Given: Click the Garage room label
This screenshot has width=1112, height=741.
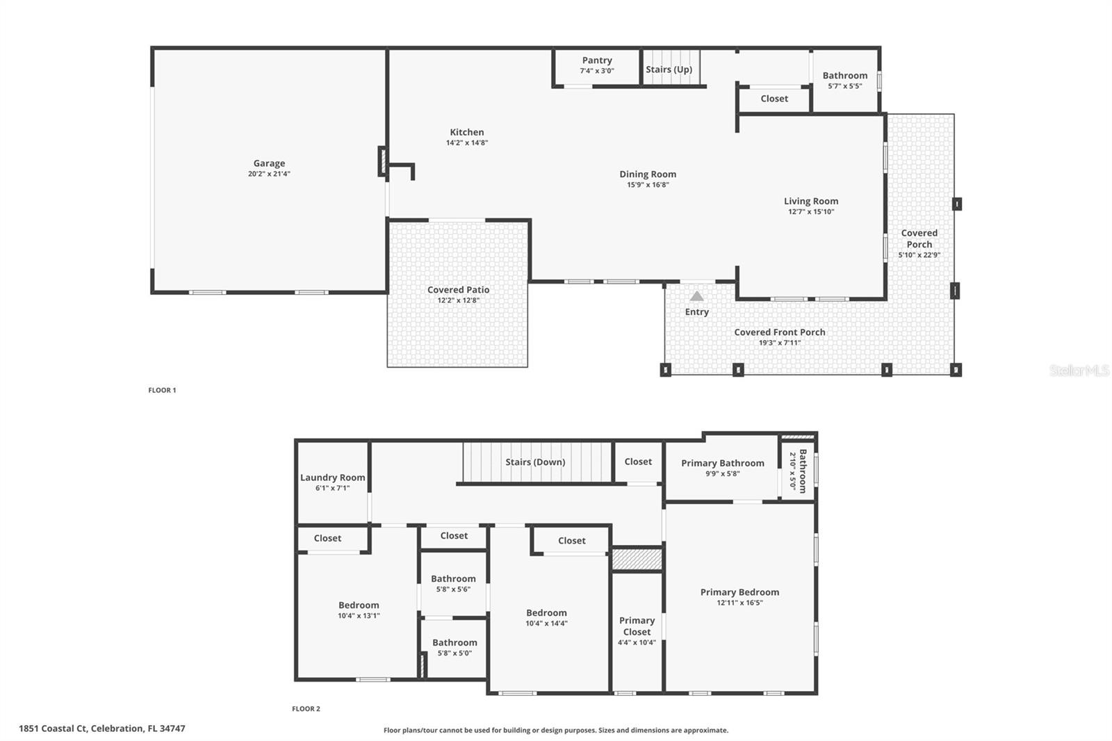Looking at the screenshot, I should [269, 163].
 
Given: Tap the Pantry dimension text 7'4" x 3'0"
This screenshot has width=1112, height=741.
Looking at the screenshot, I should [597, 71].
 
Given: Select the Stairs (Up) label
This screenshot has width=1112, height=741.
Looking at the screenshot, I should [669, 70].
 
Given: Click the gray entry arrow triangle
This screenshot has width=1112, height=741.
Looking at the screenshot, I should [696, 297].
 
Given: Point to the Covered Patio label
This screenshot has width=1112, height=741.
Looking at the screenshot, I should [458, 290].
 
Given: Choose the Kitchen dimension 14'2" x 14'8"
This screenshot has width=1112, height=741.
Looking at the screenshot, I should [467, 142].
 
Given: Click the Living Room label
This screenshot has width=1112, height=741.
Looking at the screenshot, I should [811, 202].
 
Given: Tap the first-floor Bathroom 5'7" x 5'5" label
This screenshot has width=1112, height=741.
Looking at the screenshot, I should [845, 76].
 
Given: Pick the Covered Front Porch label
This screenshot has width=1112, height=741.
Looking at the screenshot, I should [780, 332].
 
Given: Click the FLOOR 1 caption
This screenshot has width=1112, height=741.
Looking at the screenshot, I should [162, 390].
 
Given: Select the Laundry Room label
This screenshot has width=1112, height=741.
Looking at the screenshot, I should [332, 478].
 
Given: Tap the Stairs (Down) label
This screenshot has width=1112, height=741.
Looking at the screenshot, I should [535, 462].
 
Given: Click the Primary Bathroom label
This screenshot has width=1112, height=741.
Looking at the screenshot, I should [722, 463].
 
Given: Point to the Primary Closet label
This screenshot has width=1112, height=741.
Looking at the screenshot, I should [637, 626].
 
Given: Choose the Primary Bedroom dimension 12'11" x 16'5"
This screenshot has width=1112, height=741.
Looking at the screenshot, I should [739, 603].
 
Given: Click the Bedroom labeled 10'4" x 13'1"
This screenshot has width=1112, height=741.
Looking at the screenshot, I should [359, 605].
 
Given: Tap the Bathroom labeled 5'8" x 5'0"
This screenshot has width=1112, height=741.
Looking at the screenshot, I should [455, 643].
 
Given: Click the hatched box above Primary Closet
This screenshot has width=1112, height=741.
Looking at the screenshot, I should [637, 560].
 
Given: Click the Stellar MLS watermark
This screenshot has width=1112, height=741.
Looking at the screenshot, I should [1079, 370].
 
